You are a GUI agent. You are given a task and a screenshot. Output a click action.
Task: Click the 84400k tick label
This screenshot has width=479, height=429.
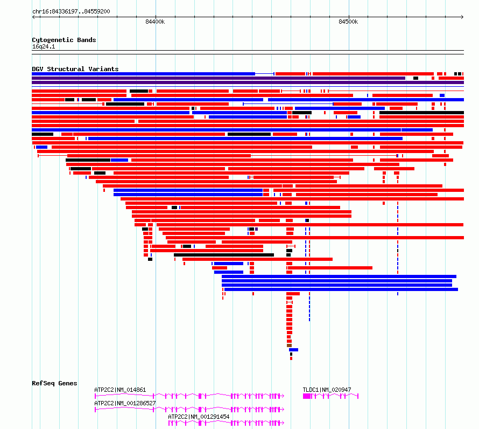click(x=155, y=22)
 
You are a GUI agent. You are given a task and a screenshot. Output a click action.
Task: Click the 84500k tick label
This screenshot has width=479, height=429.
click(x=348, y=22)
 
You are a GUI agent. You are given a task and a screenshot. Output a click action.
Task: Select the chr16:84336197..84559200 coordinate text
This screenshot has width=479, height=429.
click(x=71, y=12)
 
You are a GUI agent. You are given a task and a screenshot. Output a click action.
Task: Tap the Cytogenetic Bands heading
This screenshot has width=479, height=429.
click(x=64, y=40)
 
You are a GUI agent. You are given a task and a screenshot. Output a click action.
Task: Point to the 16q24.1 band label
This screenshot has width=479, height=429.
click(x=44, y=46)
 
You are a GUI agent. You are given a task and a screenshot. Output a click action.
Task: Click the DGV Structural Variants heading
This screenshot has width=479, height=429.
click(x=75, y=69)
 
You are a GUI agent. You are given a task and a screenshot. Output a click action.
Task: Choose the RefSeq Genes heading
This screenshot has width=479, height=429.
click(x=54, y=383)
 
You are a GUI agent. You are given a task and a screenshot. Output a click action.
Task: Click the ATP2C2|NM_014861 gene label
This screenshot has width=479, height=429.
click(x=120, y=390)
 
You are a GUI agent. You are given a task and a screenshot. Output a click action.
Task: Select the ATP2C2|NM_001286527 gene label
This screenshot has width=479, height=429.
click(x=125, y=403)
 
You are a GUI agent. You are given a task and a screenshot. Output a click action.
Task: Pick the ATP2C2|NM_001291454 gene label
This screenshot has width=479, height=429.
click(x=199, y=417)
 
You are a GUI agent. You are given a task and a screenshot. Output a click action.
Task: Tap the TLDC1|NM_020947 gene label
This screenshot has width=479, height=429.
click(x=327, y=390)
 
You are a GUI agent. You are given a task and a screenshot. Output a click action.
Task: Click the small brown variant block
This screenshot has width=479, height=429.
click(x=290, y=345)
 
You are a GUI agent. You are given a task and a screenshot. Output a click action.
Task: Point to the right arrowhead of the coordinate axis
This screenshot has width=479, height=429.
click(x=462, y=17)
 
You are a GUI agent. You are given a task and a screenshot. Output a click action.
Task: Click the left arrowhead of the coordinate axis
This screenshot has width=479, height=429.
click(x=33, y=17)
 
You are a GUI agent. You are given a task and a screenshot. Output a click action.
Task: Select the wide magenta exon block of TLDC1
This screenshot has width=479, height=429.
click(x=307, y=396)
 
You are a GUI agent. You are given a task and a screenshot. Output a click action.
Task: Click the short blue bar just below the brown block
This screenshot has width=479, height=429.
click(x=293, y=350)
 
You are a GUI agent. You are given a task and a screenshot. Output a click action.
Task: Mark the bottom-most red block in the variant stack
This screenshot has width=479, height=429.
click(x=291, y=358)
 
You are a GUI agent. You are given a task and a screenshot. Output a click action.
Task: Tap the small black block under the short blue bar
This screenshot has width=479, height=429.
click(x=291, y=354)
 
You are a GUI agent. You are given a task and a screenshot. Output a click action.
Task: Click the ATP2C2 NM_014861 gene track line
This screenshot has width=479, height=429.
click(x=189, y=396)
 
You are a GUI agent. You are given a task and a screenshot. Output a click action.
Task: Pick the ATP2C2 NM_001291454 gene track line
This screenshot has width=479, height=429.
click(x=227, y=423)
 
